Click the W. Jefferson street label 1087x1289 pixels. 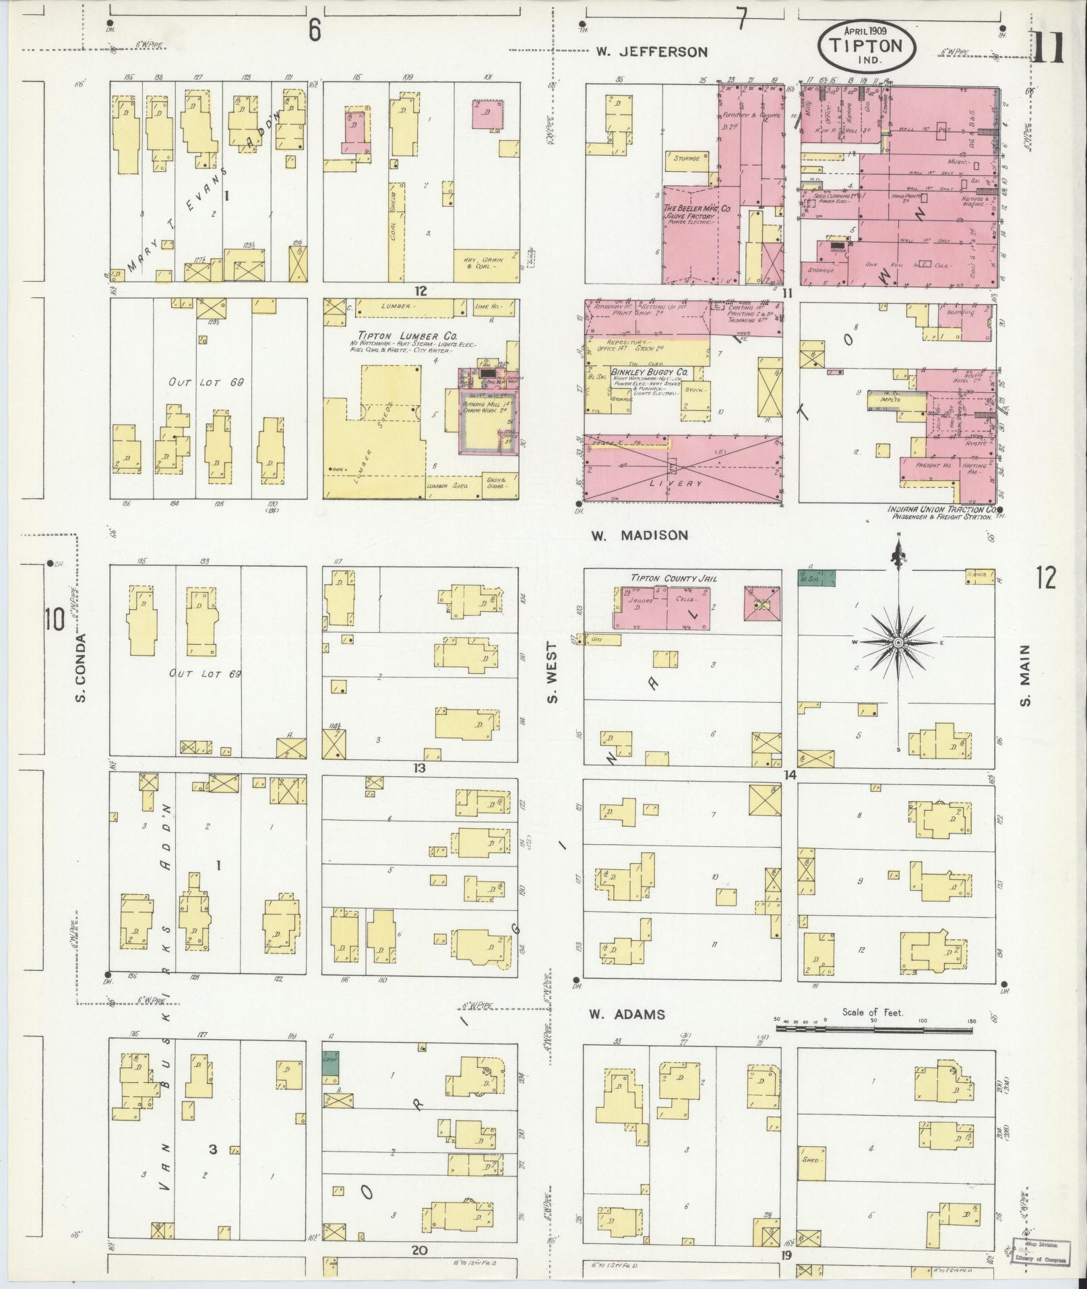652,52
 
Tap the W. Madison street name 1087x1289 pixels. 640,535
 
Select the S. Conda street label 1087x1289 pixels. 80,666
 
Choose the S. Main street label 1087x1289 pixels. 1025,676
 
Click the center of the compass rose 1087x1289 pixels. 898,643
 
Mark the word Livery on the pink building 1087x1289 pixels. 678,484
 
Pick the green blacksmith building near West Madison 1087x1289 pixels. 816,578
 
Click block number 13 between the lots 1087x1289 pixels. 420,767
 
